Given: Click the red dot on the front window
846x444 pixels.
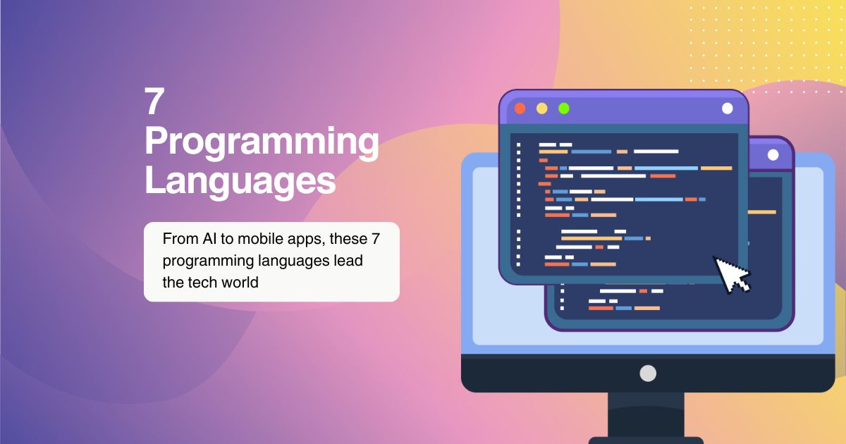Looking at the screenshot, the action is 520,109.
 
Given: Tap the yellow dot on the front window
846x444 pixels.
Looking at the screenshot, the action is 542,109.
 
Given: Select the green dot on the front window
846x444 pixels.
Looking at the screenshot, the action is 564,109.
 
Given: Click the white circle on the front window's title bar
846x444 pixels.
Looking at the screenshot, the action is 728,109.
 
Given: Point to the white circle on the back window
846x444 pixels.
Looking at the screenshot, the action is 773,155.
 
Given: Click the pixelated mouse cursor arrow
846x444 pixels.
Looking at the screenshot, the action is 731,274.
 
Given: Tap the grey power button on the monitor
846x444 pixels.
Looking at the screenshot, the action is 648,374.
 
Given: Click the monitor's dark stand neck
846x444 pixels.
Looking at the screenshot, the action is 646,414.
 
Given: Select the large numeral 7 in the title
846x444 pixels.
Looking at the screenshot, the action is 154,101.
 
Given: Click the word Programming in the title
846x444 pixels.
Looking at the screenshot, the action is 262,142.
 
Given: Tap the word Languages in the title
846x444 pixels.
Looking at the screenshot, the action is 240,182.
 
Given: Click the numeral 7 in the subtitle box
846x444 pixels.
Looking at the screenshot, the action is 375,239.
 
